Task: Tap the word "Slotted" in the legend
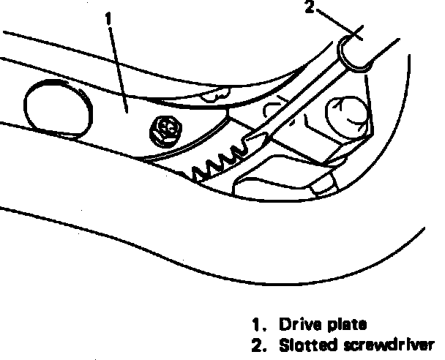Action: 302,345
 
